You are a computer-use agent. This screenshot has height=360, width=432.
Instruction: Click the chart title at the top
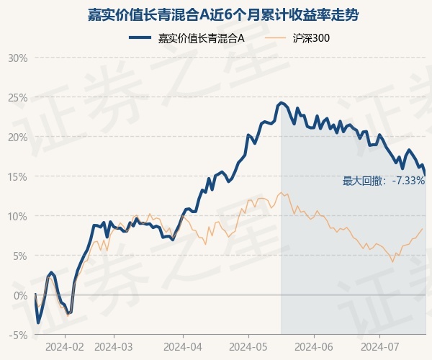216,14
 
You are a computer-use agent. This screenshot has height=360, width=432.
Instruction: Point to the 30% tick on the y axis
17,58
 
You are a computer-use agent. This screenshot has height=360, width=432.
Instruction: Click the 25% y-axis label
17,97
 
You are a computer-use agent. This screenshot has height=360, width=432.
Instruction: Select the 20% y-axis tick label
17,137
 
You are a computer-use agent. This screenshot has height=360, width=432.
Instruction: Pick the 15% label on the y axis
17,176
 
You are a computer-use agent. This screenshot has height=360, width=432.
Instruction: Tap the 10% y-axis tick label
17,216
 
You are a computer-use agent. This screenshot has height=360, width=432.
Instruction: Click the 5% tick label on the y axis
19,256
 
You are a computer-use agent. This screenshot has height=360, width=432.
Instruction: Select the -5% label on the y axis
18,335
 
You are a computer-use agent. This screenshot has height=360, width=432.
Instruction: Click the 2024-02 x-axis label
65,347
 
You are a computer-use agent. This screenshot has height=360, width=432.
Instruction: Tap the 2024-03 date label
114,347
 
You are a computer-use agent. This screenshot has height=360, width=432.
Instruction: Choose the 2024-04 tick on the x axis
183,347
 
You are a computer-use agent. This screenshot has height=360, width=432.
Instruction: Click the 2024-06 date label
315,347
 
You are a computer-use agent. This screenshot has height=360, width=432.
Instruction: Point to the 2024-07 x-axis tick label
379,347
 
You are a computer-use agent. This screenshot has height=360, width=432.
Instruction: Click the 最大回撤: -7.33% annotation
384,181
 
